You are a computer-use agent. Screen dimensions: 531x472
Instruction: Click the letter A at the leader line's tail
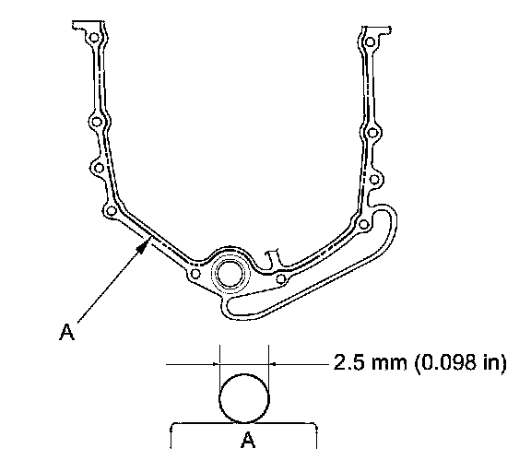coord(66,332)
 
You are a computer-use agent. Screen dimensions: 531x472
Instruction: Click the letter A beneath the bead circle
coord(248,440)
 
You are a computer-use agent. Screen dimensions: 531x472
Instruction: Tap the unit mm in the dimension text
coord(389,363)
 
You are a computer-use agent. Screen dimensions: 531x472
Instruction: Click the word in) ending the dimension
coord(495,362)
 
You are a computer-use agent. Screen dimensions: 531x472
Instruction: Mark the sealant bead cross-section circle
coord(244,398)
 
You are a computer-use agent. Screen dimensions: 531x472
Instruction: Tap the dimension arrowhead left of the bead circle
coord(216,364)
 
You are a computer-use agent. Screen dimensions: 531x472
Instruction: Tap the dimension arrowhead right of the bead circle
coord(273,364)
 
